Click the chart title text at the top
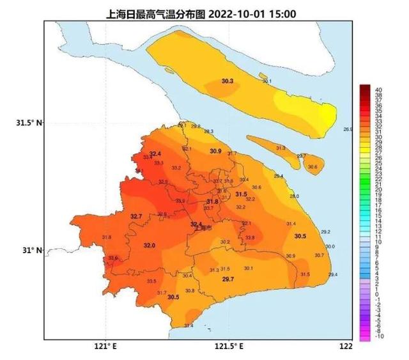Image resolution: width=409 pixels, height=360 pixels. (x=204, y=13)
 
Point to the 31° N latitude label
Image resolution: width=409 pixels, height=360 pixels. (x=28, y=251)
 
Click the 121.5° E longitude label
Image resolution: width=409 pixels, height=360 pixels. (x=229, y=347)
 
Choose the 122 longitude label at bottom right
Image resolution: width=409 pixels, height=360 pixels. (x=346, y=347)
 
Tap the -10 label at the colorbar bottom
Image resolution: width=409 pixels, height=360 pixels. (x=379, y=336)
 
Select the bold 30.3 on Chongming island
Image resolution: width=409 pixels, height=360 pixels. (x=228, y=81)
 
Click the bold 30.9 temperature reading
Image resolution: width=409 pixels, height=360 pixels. (x=215, y=151)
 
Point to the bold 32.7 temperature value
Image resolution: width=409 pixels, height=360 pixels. (x=136, y=217)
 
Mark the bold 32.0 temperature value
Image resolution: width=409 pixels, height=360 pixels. (x=149, y=246)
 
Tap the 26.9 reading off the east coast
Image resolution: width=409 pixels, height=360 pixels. (x=348, y=129)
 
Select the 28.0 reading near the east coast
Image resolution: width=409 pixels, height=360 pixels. (x=294, y=196)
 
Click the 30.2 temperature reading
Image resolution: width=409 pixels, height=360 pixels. (x=224, y=242)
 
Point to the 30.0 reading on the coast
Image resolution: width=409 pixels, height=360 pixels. (x=330, y=246)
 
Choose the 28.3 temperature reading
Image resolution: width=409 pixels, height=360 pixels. (x=208, y=131)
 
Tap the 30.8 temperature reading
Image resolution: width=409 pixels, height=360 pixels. (x=189, y=291)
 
